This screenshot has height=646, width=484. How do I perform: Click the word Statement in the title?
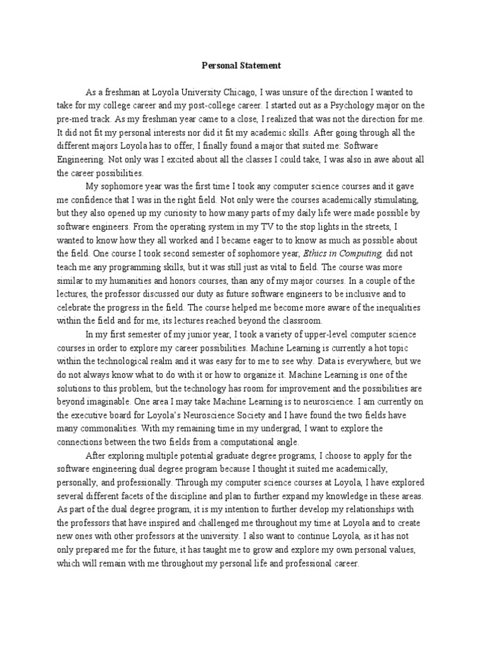click(x=262, y=64)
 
